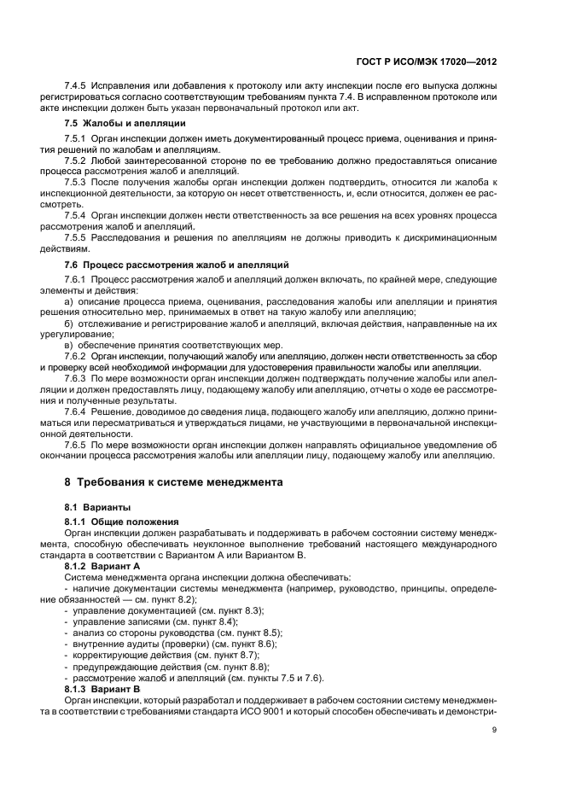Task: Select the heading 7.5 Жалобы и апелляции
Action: (125, 124)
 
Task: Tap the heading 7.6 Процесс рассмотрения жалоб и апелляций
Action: (177, 265)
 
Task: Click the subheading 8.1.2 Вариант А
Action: (102, 566)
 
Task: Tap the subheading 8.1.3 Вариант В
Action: (102, 687)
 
